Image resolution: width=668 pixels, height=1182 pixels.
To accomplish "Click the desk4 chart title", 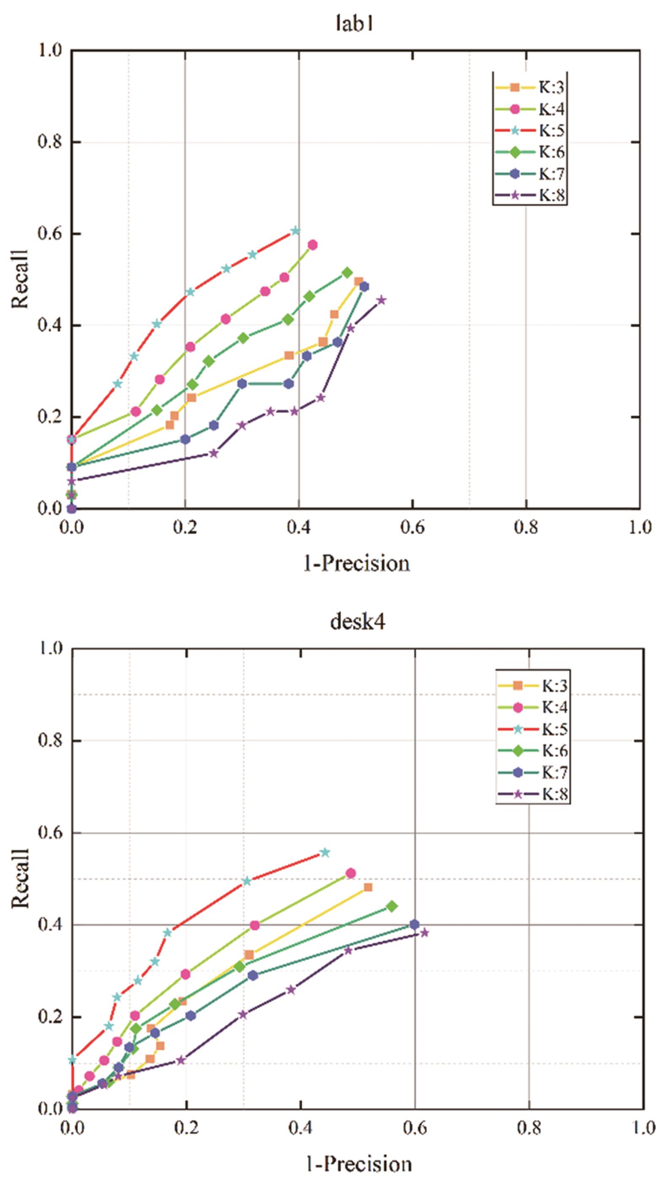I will click(x=357, y=622).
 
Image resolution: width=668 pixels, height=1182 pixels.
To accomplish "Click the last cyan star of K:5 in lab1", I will click(x=295, y=231).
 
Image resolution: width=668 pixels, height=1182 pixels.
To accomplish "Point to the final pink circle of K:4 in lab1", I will click(x=312, y=245).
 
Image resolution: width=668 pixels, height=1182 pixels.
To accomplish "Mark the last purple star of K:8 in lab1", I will click(x=381, y=300).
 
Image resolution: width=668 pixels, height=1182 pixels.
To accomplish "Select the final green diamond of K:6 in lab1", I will click(x=347, y=272).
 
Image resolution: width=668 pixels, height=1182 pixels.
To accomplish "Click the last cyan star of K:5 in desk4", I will click(x=325, y=853).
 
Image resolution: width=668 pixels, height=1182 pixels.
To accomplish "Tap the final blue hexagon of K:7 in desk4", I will click(x=414, y=924).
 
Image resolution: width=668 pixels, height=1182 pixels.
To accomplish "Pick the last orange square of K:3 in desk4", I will click(x=368, y=887).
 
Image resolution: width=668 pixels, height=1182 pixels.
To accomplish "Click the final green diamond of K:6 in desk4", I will click(x=392, y=907).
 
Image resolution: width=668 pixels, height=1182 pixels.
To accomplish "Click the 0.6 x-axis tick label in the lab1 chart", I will click(x=412, y=528).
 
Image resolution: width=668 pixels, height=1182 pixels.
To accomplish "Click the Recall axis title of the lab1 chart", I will click(x=20, y=279).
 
